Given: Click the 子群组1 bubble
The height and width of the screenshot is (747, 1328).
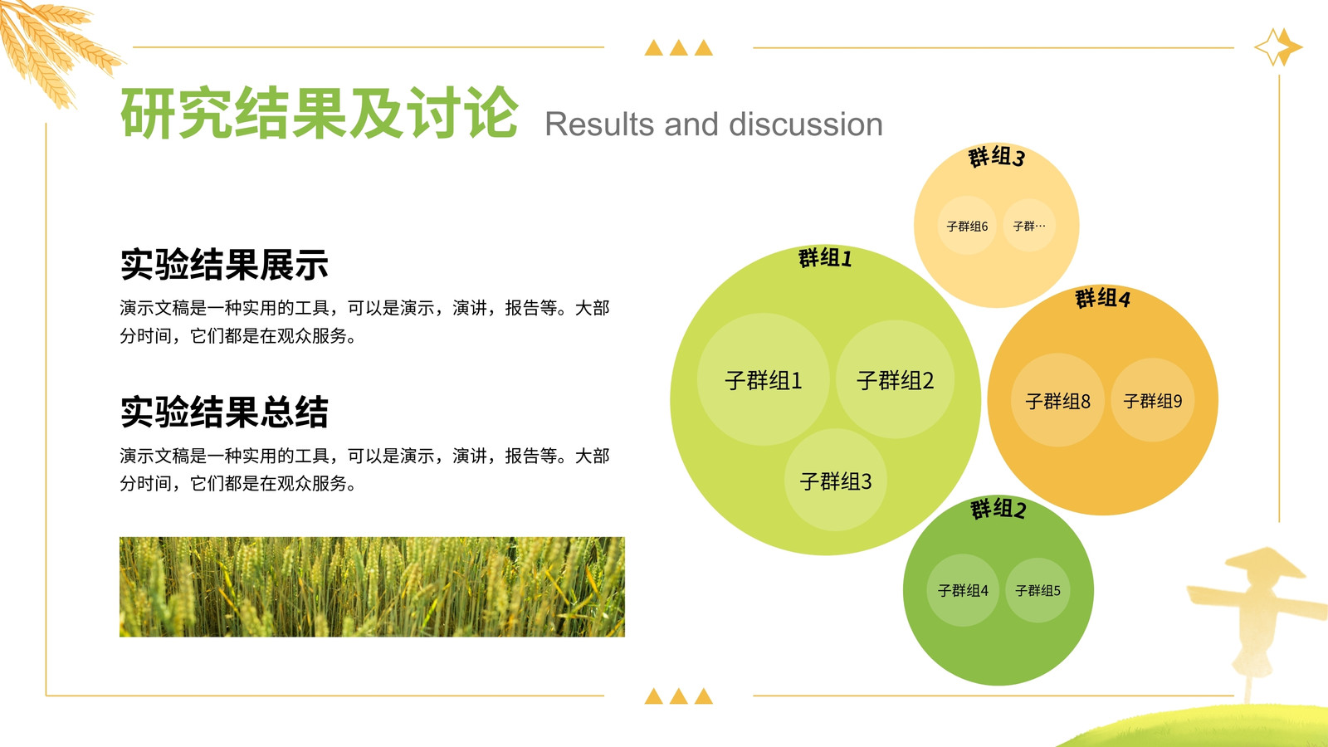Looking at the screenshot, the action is click(763, 379).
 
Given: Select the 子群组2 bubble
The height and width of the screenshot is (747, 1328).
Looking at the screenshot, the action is click(896, 379).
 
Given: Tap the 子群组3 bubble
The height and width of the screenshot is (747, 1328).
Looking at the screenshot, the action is click(836, 481).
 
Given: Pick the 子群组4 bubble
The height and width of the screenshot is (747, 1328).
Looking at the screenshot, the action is click(963, 590).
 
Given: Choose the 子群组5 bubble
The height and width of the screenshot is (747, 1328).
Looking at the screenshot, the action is click(1037, 590).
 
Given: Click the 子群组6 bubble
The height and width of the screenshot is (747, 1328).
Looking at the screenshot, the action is click(967, 226).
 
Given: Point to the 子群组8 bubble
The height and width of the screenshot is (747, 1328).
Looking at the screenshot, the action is click(1057, 400).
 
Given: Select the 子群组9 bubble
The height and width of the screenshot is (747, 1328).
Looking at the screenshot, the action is click(1153, 400).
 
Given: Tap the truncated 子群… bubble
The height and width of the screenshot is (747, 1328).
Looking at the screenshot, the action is click(1029, 225).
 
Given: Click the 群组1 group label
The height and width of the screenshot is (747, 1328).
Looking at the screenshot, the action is click(825, 258).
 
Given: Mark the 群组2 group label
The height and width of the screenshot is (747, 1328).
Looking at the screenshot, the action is click(998, 509).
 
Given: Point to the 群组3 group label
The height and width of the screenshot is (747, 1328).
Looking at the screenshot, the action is click(997, 157).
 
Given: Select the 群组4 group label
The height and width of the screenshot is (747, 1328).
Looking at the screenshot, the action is click(1103, 298).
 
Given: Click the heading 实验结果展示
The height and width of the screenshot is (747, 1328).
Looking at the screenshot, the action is click(224, 265).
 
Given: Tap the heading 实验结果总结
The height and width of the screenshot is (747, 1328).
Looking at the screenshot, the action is click(224, 412).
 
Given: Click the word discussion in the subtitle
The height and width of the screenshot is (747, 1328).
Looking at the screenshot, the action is click(806, 124).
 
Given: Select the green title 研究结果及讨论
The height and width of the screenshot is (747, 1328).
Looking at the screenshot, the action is click(319, 113).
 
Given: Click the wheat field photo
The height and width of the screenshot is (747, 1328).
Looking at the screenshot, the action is click(373, 587).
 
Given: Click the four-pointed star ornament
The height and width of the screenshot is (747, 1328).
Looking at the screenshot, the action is click(1278, 46).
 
